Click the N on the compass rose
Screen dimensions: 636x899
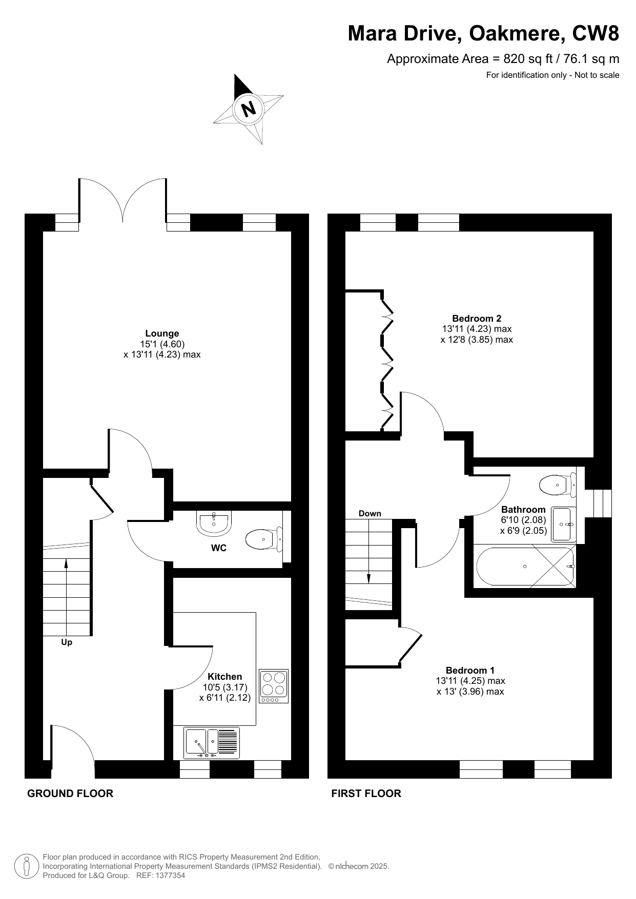(x=249, y=109)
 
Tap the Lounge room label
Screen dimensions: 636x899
(x=162, y=333)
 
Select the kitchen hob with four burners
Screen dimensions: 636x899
(x=274, y=686)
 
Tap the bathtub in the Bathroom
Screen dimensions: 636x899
(x=526, y=566)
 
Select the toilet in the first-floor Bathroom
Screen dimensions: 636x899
(x=558, y=484)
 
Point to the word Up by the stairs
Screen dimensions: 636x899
(x=67, y=642)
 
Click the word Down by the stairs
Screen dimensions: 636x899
(x=370, y=513)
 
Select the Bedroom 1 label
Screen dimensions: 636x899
(x=470, y=670)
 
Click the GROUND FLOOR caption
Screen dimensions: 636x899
(x=70, y=793)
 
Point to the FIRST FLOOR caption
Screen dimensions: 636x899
(x=366, y=793)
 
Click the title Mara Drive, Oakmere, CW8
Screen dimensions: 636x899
(x=483, y=34)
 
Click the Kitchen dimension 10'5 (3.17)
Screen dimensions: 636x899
(x=225, y=687)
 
